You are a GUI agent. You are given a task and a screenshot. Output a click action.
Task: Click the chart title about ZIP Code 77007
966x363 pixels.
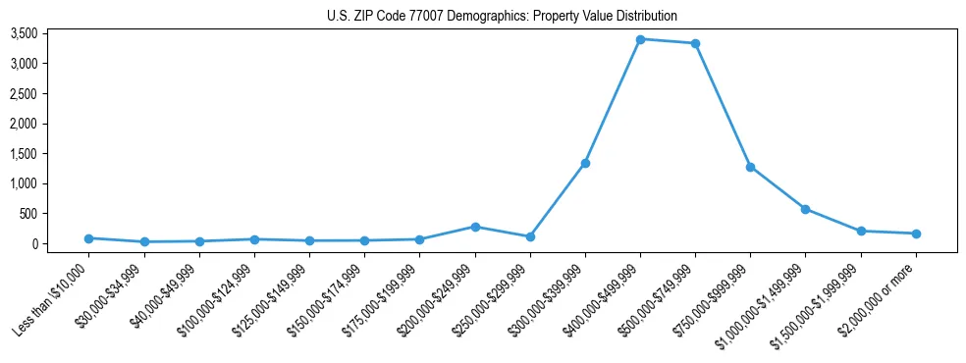tap(502, 16)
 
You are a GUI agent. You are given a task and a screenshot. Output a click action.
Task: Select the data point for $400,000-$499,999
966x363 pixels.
tap(640, 39)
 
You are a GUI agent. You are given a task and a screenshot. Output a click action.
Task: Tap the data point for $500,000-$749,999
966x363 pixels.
tap(695, 43)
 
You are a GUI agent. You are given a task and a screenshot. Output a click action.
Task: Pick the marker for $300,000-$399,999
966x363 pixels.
tap(585, 163)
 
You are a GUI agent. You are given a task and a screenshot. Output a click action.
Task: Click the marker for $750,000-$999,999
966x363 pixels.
tap(750, 167)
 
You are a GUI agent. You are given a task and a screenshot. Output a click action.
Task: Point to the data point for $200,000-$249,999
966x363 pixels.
tap(475, 227)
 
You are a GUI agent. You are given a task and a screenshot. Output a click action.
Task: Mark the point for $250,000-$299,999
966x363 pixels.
tap(530, 236)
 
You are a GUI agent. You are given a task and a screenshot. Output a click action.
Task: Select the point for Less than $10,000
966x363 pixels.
tap(89, 238)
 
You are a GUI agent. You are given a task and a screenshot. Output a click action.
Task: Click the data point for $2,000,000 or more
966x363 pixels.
tap(916, 233)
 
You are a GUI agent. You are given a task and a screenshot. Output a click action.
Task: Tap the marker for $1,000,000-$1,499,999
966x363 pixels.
tap(805, 209)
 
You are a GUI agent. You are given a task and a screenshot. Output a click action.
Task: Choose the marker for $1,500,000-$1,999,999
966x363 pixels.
tap(861, 232)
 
